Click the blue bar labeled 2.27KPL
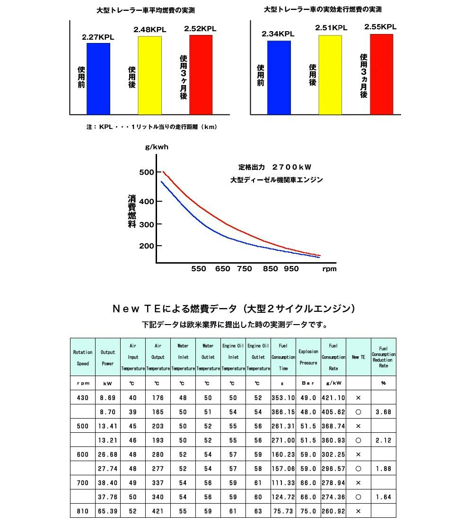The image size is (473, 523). tap(98, 78)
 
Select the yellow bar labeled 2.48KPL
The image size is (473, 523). tap(149, 75)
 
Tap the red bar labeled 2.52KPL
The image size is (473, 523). tap(201, 74)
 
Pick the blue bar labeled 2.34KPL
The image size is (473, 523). tap(279, 77)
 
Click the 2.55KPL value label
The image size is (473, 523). tap(380, 27)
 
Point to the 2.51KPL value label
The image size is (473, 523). tap(331, 28)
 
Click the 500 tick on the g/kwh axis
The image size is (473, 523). tap(147, 172)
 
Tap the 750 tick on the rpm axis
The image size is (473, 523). tap(245, 269)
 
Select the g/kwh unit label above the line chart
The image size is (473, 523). tap(157, 147)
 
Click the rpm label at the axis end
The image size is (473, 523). tap(329, 269)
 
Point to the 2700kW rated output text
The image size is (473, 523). tap(275, 167)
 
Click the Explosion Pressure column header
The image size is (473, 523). tap(308, 357)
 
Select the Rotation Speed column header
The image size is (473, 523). tap(83, 358)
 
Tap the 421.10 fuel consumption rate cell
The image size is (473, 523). tap(333, 398)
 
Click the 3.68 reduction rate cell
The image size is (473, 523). tap(383, 412)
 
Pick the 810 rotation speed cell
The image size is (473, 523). tap(83, 511)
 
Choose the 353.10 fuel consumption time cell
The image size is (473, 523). tap(283, 398)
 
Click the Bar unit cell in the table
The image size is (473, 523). tap(308, 383)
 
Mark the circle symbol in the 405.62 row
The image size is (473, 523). tap(358, 412)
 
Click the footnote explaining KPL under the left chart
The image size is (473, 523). tap(152, 127)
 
